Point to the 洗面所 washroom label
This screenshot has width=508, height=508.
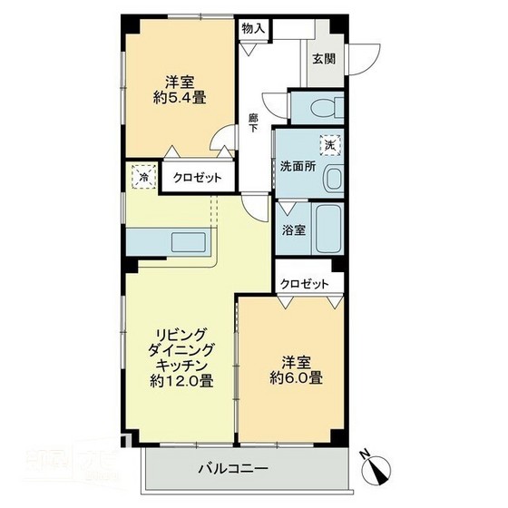tap(296, 168)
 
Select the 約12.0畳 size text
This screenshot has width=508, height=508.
tap(181, 381)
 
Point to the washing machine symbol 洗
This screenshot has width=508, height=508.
tap(327, 143)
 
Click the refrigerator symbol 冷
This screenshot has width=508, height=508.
tap(143, 178)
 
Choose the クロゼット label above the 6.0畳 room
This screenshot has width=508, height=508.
tap(305, 284)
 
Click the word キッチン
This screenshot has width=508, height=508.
tap(181, 366)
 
